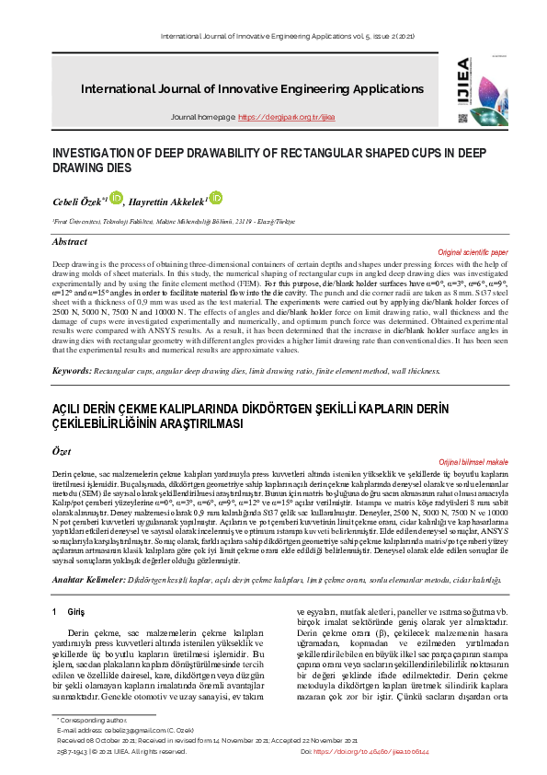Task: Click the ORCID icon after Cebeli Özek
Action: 116,196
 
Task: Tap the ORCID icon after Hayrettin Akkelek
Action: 216,197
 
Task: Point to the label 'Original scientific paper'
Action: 473,251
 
